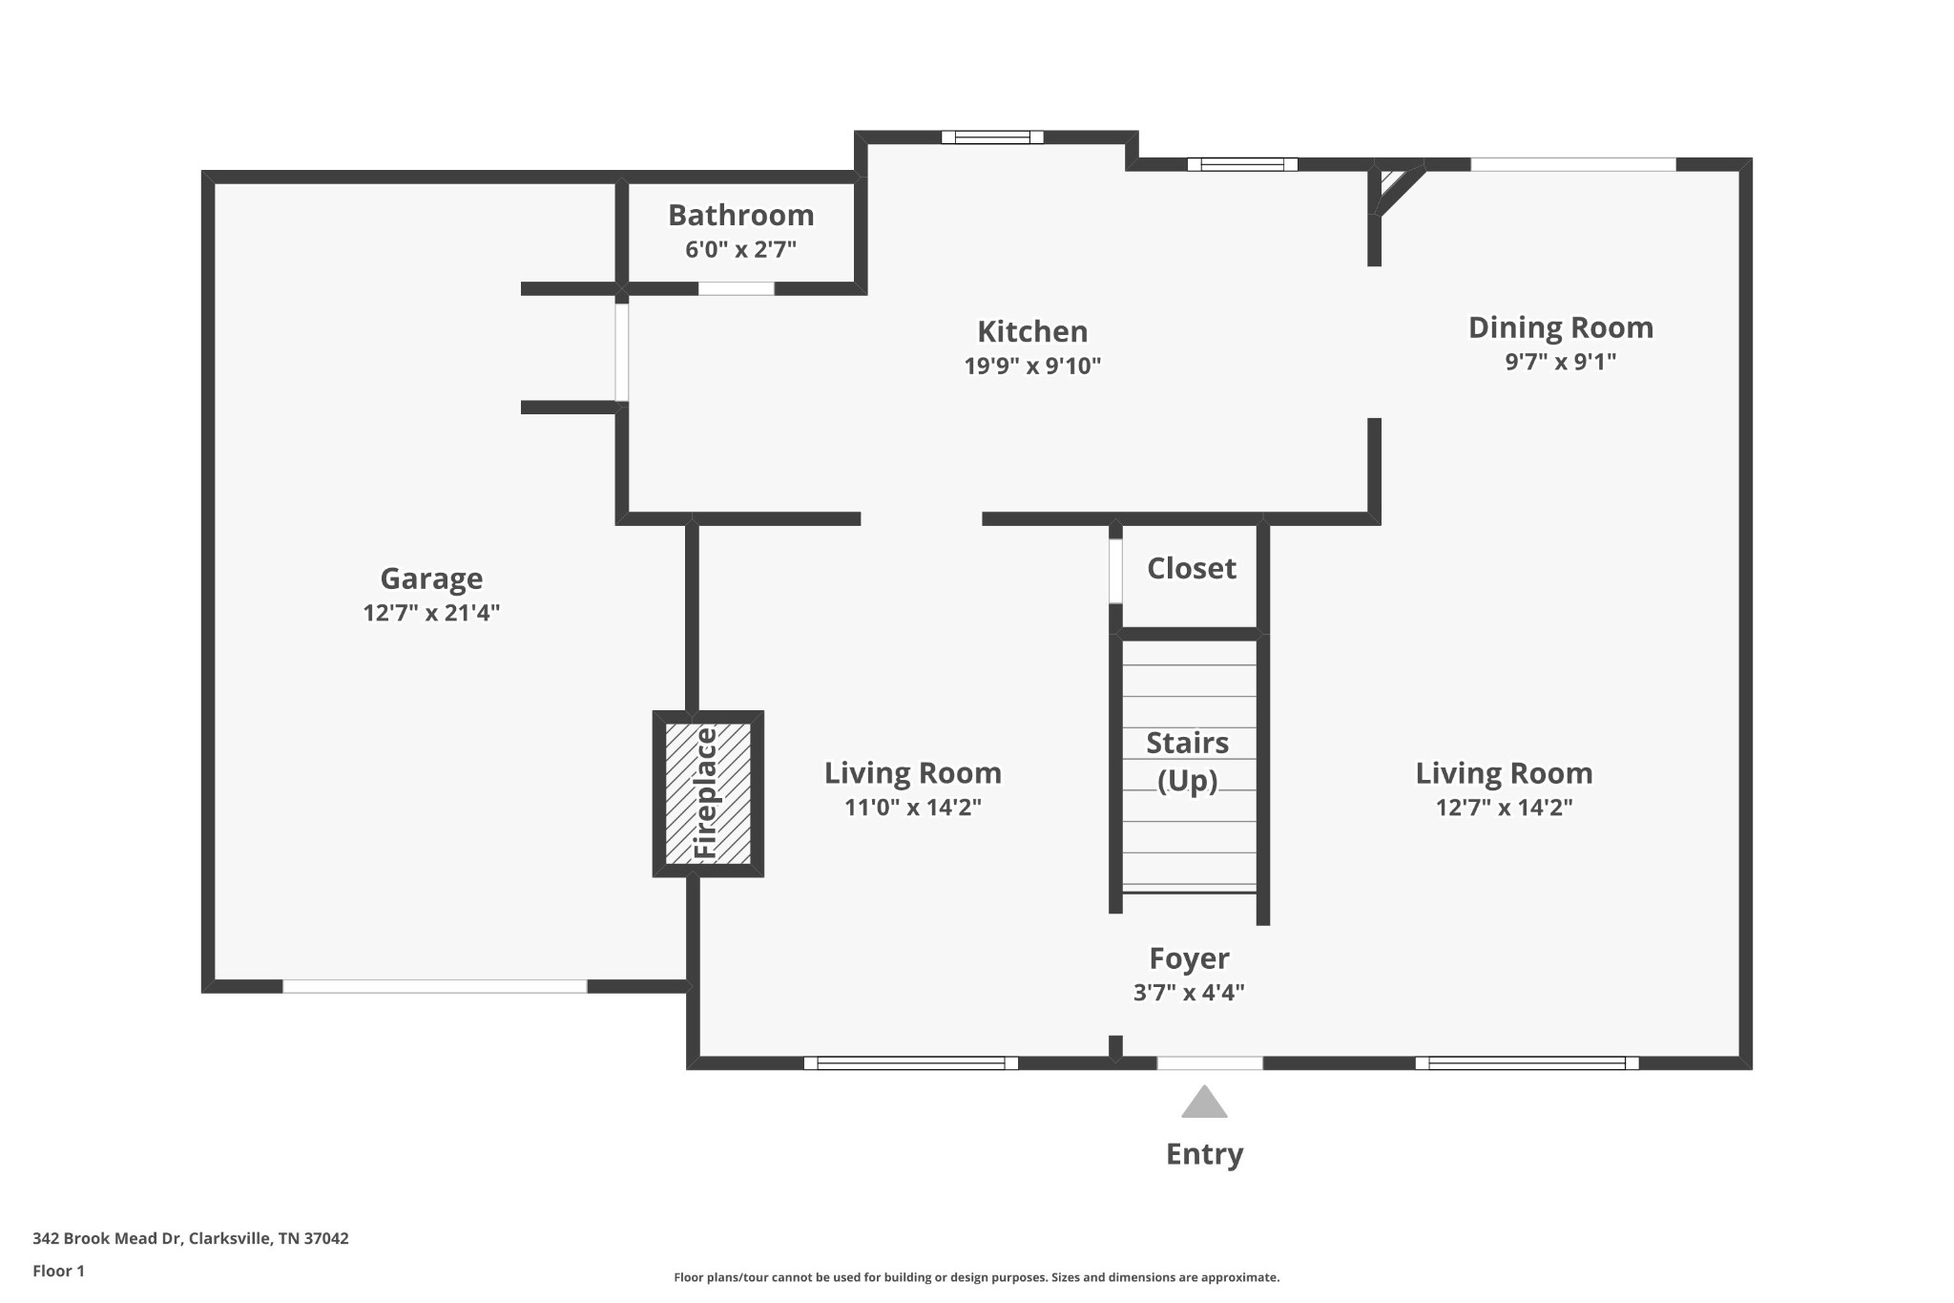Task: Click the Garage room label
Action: (x=431, y=578)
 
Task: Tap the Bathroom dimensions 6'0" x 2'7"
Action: (x=740, y=250)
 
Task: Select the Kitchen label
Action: (x=1032, y=332)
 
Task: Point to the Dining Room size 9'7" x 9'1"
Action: (x=1560, y=362)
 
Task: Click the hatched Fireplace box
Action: (x=708, y=793)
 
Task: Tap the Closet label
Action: (x=1191, y=569)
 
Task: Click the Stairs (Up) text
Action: (x=1187, y=762)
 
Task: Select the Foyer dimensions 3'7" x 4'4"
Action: (x=1189, y=993)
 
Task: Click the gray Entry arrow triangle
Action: (x=1204, y=1103)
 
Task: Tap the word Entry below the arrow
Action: (x=1204, y=1154)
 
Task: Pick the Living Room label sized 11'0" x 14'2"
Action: (x=912, y=773)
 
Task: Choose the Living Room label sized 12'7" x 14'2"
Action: (x=1504, y=773)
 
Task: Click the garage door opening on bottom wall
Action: (x=434, y=986)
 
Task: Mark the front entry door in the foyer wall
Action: (x=1210, y=1062)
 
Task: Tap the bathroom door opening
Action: (x=736, y=288)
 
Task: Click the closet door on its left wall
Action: (x=1114, y=571)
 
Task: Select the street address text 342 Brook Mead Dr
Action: (x=190, y=1239)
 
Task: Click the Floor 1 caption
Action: (x=58, y=1271)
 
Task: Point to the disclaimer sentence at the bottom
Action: (x=976, y=1277)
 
